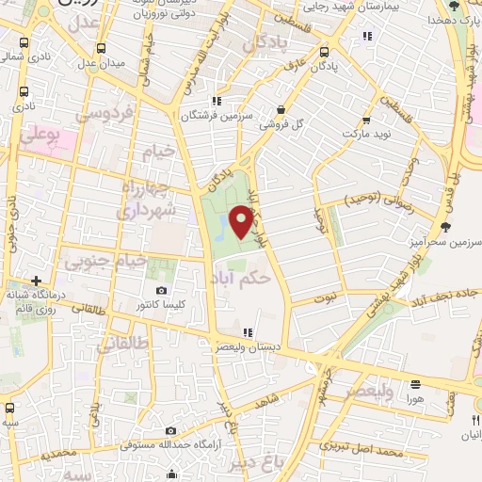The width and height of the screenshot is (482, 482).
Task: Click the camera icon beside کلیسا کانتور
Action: (162, 290)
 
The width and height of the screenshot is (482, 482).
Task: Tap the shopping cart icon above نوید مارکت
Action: (366, 120)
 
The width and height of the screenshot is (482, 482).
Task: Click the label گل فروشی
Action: (284, 123)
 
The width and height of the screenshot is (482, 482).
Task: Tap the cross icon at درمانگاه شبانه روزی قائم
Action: (36, 280)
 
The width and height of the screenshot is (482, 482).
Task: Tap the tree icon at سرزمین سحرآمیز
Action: (444, 227)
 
